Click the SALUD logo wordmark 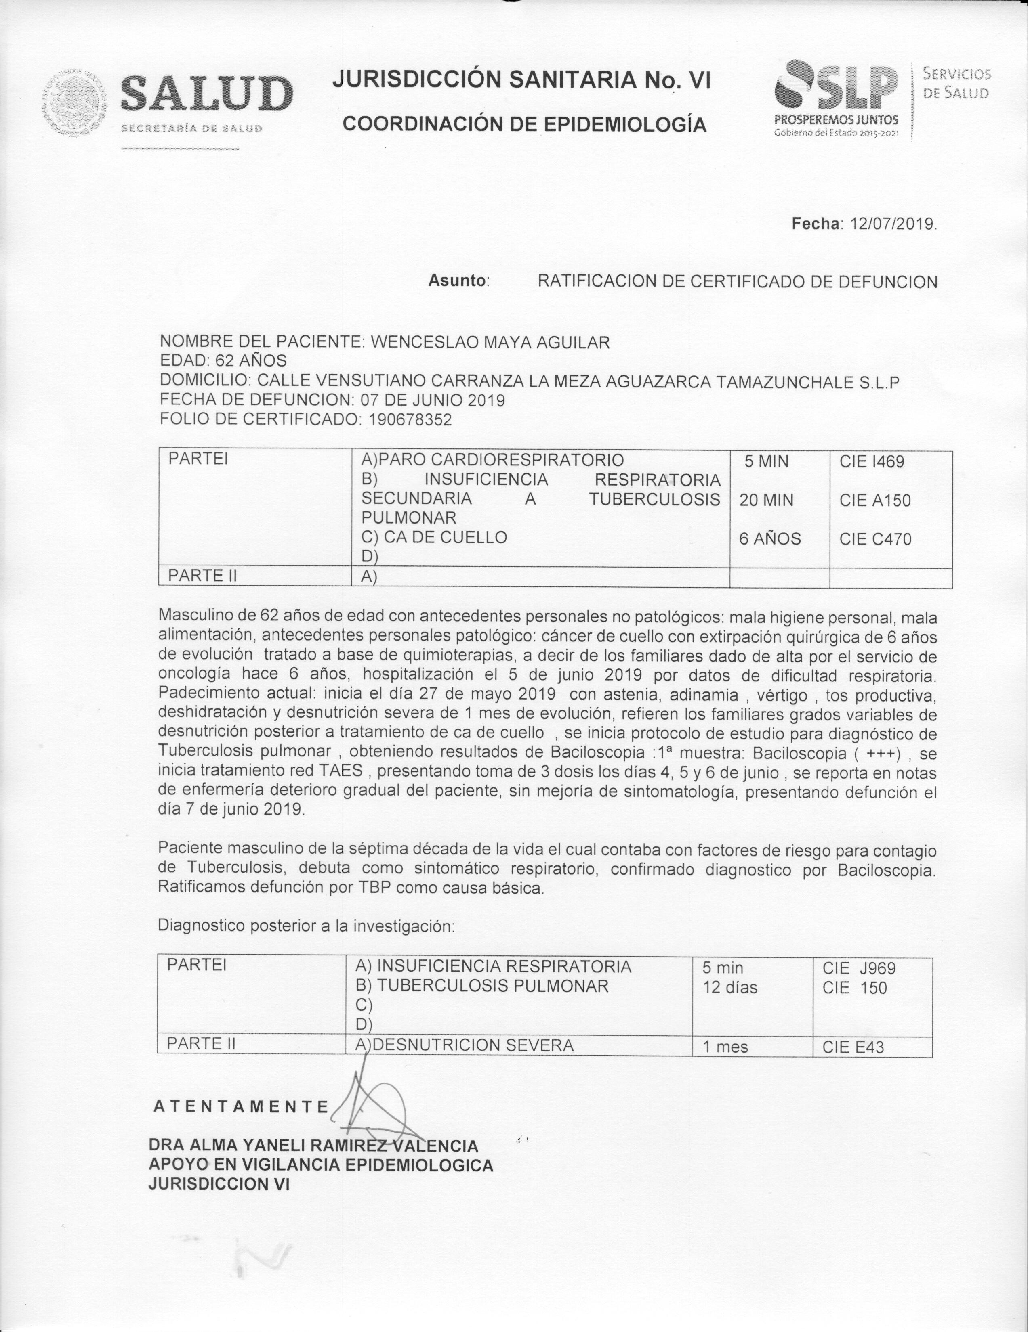tap(206, 94)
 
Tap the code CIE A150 tap(874, 501)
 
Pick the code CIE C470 tap(875, 539)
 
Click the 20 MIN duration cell tap(766, 501)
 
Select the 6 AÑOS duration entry tap(769, 539)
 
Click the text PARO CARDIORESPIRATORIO tap(501, 460)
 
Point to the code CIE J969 tap(859, 968)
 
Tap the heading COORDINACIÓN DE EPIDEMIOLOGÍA tap(524, 124)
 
